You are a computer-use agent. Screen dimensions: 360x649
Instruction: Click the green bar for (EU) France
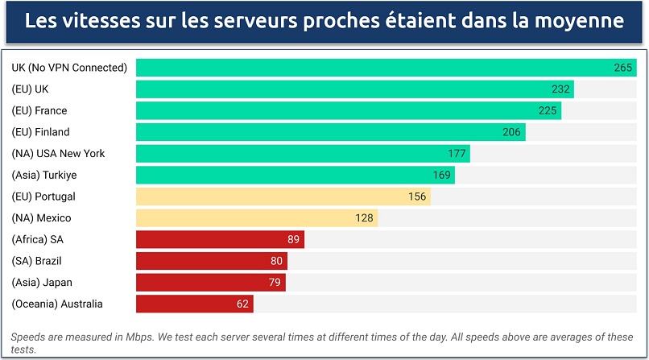(348, 110)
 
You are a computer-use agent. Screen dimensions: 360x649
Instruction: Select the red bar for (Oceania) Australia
(194, 304)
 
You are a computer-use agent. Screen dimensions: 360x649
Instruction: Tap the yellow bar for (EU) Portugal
(283, 197)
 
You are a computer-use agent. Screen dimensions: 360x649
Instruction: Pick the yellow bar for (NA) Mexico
(256, 217)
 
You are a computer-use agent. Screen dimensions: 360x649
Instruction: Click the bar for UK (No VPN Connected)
(386, 68)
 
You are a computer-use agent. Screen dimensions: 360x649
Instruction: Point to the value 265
(623, 68)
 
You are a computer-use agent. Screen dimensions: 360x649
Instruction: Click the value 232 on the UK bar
(561, 89)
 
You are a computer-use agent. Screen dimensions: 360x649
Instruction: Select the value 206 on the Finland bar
(512, 132)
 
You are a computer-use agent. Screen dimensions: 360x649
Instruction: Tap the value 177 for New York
(457, 153)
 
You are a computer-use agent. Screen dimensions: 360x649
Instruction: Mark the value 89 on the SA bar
(294, 239)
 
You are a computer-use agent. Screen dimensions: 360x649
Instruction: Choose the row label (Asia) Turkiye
(44, 175)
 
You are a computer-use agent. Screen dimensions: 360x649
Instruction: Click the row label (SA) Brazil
(36, 261)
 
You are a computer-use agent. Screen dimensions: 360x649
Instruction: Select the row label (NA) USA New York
(58, 153)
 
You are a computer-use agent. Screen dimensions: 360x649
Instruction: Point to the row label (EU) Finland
(40, 132)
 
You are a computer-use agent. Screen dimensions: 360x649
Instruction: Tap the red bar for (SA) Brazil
(211, 261)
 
